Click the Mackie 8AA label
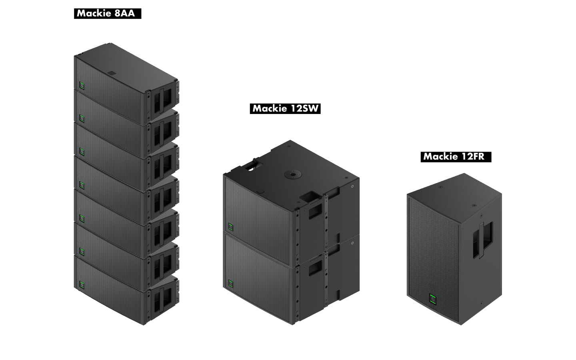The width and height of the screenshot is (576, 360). click(x=108, y=13)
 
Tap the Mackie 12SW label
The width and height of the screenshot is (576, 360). click(x=285, y=108)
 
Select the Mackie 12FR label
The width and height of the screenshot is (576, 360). click(x=456, y=157)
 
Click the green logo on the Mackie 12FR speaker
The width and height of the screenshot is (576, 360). click(x=433, y=300)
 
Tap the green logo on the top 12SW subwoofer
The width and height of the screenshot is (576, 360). click(x=231, y=227)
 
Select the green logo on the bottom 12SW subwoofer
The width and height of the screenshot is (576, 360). click(x=231, y=283)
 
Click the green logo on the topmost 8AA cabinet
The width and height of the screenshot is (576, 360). click(x=82, y=86)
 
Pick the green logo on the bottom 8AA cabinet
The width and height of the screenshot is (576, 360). click(x=82, y=284)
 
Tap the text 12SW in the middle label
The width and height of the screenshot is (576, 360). click(x=304, y=108)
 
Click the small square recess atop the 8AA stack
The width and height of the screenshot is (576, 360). click(x=112, y=73)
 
